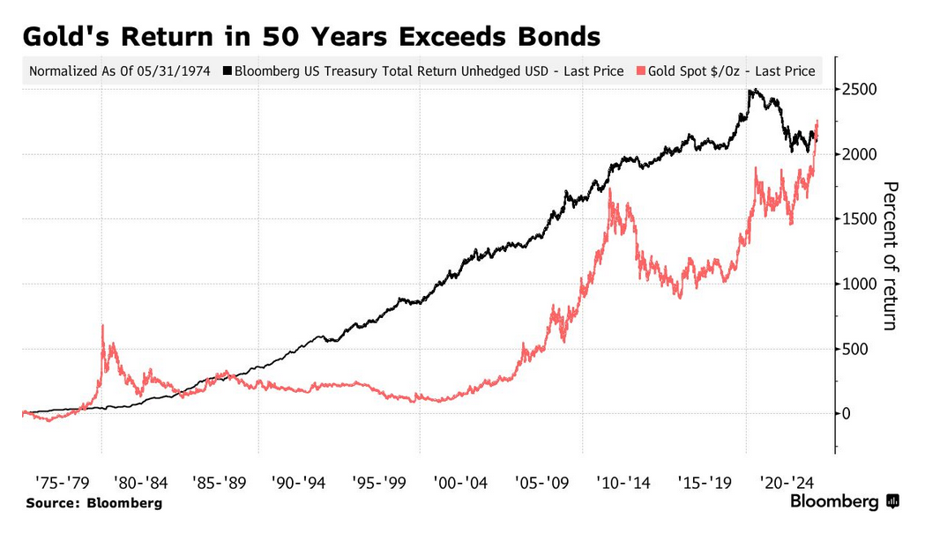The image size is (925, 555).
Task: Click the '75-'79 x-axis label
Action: coord(62,483)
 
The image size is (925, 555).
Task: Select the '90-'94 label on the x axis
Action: coord(300,483)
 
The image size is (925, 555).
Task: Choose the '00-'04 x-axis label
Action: coord(461,483)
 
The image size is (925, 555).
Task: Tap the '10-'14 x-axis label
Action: coord(623,483)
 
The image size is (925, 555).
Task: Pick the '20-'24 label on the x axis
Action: coord(785,483)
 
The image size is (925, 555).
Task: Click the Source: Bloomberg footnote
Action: coord(93,503)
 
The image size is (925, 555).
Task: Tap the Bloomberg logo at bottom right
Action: coord(844,502)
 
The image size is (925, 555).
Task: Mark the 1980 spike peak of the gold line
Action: coord(103,326)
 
